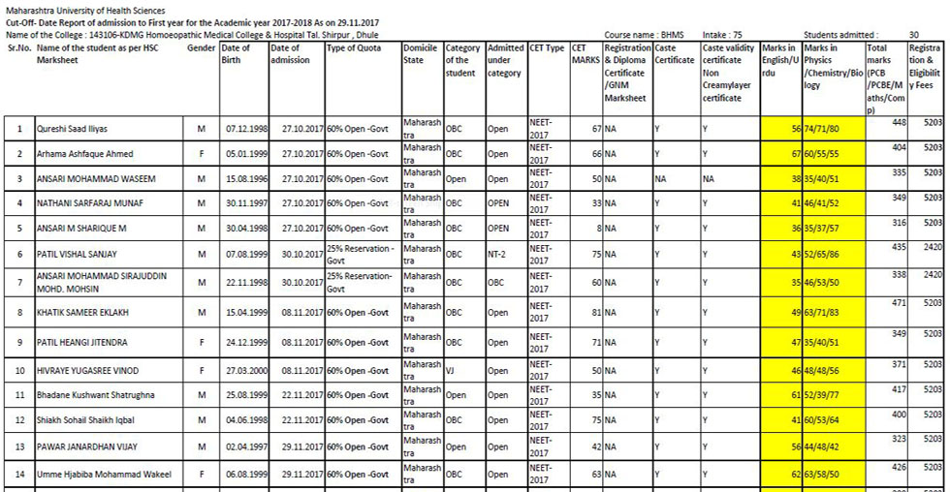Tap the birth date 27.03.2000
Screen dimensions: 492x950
242,371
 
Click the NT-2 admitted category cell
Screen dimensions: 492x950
497,254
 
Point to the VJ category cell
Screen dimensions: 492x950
450,370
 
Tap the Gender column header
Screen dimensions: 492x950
201,48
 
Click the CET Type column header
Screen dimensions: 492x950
547,48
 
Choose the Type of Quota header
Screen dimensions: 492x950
354,48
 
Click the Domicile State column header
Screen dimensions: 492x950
421,53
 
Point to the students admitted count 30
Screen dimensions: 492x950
914,35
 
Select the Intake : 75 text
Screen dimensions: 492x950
722,35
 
